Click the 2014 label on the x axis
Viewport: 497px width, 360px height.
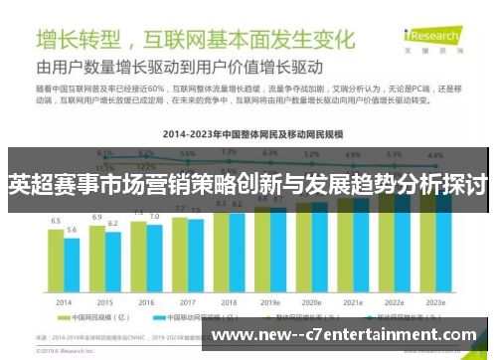click(64, 301)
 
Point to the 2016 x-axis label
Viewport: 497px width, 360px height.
click(146, 301)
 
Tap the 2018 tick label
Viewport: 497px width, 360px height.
click(229, 301)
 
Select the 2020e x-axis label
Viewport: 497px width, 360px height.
click(311, 301)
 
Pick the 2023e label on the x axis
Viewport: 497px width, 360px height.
click(434, 301)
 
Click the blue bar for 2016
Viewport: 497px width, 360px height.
click(154, 261)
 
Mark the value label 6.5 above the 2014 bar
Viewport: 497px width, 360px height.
click(56, 221)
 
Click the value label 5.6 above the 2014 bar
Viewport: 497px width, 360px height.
click(72, 230)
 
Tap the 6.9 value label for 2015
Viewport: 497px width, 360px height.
click(97, 216)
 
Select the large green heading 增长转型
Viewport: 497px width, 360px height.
click(79, 41)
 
